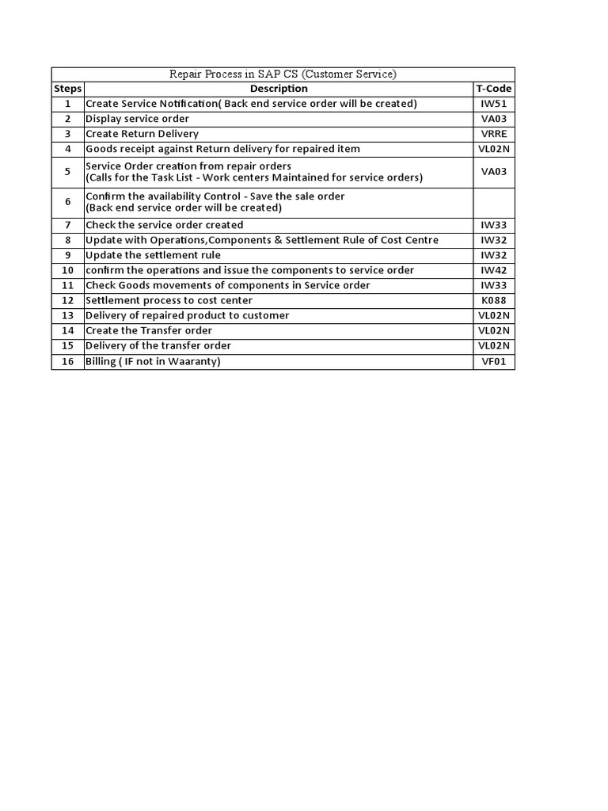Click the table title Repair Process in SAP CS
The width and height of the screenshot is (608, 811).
coord(283,74)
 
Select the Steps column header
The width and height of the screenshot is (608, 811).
coord(68,89)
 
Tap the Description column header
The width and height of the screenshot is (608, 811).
coord(279,89)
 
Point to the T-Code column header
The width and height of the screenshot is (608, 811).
coord(493,89)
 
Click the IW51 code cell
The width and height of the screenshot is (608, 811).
coord(493,104)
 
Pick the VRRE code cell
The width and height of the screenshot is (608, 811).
coord(493,134)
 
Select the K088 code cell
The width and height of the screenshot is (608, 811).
coord(493,300)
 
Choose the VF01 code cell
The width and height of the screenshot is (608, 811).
coord(493,362)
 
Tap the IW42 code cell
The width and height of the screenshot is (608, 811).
coord(493,270)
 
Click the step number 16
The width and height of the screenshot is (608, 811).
coord(68,362)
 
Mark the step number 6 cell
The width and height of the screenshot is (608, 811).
coord(68,202)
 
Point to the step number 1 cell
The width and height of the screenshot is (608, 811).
coord(68,104)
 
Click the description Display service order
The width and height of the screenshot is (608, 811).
coord(138,119)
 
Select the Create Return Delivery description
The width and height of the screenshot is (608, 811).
coord(142,134)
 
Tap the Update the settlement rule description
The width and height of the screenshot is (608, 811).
coord(154,255)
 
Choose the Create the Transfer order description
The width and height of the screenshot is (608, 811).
coord(149,330)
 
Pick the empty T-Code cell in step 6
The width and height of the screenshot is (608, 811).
coord(493,202)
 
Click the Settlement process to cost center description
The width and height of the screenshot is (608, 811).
coord(169,300)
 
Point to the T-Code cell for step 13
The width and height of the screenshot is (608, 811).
coord(493,315)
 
